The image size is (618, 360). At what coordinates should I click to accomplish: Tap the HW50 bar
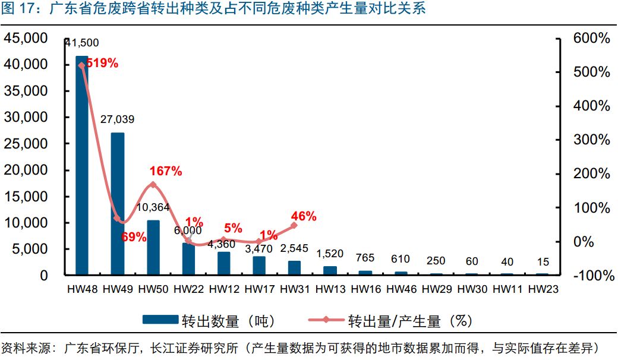point(153,247)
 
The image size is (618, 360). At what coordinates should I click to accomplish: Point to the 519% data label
point(102,63)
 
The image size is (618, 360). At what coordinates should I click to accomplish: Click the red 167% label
point(166,171)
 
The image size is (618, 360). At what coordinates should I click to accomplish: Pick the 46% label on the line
point(304,216)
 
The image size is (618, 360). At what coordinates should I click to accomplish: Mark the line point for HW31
point(294,225)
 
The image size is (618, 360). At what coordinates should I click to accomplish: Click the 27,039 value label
point(117,119)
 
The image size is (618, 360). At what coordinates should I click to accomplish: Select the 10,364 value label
point(154,207)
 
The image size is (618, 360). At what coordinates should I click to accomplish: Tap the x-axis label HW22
point(188,289)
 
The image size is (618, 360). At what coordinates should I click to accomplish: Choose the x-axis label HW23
point(543,289)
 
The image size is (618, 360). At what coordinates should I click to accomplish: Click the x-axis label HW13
point(330,289)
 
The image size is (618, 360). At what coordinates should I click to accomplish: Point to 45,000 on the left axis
point(27,39)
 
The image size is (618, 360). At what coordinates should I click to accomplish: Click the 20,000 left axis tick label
point(27,170)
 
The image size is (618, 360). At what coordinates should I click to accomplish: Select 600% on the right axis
point(591,39)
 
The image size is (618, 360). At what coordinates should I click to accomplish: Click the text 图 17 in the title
point(18,10)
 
